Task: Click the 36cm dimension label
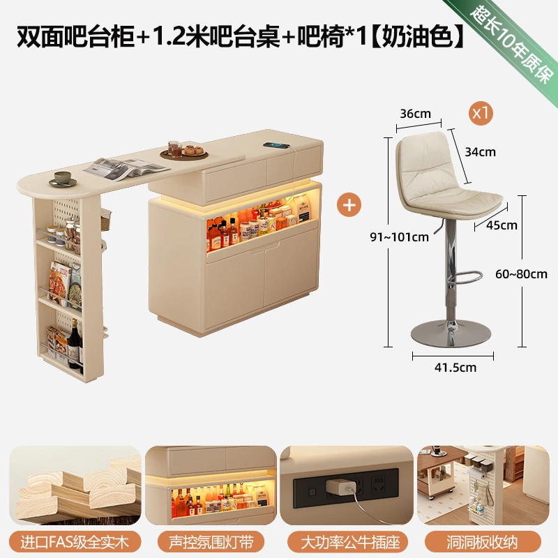415,114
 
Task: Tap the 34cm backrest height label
480,152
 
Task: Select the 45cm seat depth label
502,225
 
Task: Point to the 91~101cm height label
399,237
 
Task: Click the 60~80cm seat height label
521,274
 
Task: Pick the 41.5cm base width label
455,368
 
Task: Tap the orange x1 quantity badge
481,113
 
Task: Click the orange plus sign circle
349,205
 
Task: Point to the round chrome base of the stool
451,334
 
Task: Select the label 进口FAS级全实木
75,542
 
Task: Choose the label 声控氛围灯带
211,542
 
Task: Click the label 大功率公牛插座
347,542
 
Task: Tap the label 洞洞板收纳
483,542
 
